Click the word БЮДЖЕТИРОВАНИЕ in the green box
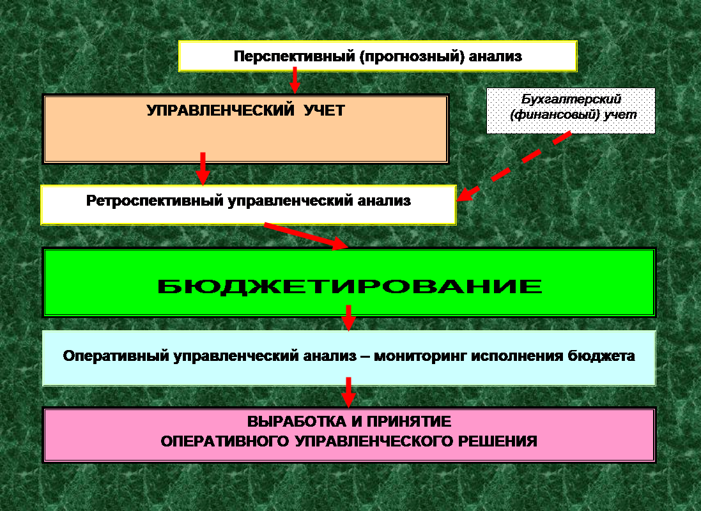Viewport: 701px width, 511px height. [350, 285]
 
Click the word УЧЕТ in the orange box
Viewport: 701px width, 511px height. [324, 111]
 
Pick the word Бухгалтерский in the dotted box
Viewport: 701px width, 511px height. [571, 100]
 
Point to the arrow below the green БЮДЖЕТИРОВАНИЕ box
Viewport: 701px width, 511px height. [348, 317]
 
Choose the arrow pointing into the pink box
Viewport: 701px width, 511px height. [348, 392]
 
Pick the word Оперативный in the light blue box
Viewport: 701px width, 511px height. [116, 356]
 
